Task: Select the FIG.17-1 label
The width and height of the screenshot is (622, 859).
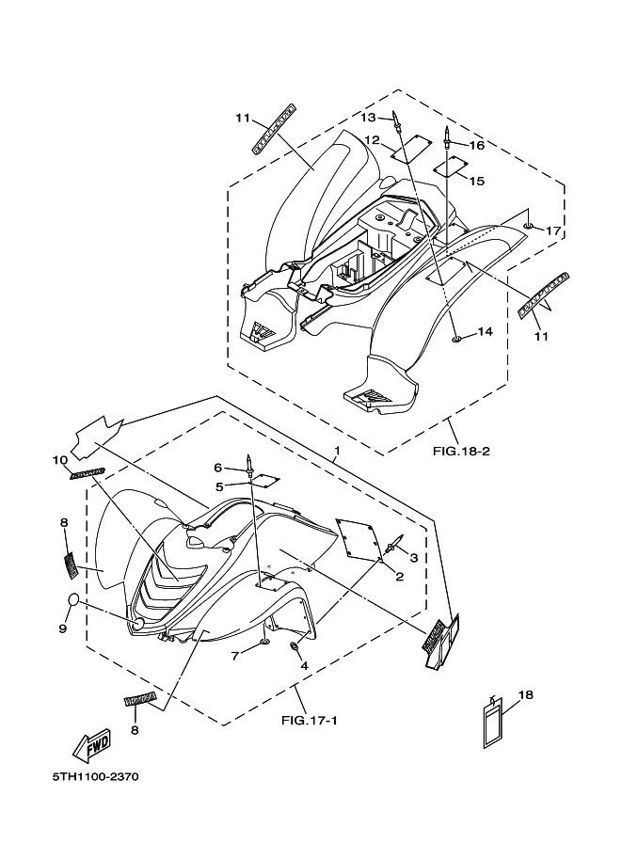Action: [311, 721]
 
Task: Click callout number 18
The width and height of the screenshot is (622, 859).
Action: [525, 694]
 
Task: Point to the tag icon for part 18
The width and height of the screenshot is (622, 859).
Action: [493, 724]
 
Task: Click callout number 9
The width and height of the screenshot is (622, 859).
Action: [63, 628]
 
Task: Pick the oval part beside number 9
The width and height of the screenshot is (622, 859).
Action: [77, 602]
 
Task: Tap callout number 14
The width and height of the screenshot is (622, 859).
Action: [485, 331]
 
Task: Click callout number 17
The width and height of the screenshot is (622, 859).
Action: [553, 231]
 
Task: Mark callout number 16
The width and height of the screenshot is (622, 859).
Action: [476, 146]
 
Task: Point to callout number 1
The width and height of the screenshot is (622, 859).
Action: [337, 452]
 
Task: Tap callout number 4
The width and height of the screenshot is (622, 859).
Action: [304, 665]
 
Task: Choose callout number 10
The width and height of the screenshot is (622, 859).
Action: [60, 460]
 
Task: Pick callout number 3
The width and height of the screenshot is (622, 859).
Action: [413, 558]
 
